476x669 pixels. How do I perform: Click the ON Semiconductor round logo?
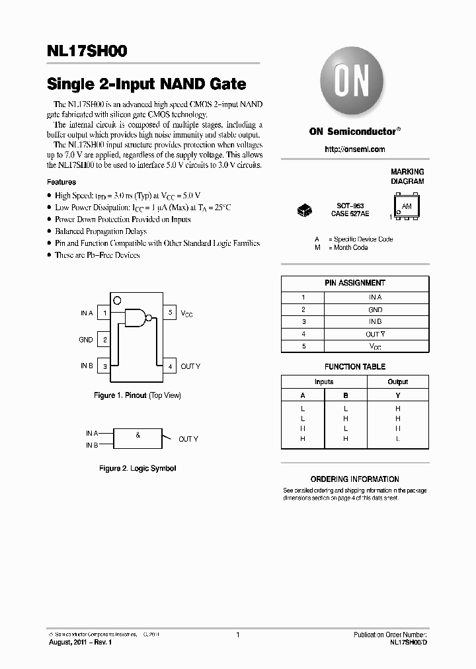coord(354,83)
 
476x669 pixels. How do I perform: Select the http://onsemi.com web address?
coord(354,149)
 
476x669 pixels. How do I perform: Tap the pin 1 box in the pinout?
coord(104,313)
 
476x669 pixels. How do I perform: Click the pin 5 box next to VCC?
coord(170,313)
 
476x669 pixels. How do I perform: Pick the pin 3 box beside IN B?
coord(104,366)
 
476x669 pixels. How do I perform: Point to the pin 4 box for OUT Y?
coord(170,366)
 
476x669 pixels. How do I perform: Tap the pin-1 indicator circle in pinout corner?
coord(117,300)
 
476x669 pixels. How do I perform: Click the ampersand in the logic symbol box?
coord(138,435)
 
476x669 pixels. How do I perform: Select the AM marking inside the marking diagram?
coord(407,207)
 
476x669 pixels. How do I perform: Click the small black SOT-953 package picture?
coord(305,210)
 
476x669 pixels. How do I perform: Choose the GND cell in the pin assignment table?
coord(375,309)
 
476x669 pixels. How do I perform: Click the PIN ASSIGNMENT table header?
coord(354,283)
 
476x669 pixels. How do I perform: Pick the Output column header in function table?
coord(397,381)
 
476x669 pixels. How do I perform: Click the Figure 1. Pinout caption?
coord(137,395)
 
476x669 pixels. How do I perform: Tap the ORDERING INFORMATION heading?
coord(354,479)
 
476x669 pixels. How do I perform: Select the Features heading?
coord(61,182)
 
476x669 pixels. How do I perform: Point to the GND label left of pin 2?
coord(86,340)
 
